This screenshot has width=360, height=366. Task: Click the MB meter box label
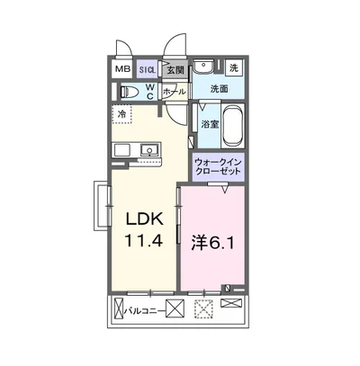[123, 69]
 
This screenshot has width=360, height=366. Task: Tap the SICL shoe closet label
[148, 70]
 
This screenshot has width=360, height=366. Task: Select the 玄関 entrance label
[175, 70]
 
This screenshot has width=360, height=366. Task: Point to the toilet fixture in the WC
[129, 92]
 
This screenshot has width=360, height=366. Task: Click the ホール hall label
[174, 92]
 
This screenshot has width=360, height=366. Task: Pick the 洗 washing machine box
[234, 67]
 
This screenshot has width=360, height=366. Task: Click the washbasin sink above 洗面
[203, 67]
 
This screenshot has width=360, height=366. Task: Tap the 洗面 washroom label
[219, 89]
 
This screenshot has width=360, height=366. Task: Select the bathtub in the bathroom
[233, 125]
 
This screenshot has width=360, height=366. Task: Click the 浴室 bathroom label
[210, 124]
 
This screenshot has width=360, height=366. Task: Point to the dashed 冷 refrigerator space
[121, 114]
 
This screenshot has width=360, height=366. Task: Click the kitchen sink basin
[148, 149]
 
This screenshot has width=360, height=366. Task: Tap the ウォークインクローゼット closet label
[218, 167]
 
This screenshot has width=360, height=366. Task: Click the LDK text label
[145, 219]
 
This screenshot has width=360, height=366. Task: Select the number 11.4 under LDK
[144, 240]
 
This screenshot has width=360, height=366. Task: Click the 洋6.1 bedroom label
[212, 245]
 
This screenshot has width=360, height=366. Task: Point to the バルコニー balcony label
[145, 311]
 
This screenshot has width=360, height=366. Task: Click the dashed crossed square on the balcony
[204, 309]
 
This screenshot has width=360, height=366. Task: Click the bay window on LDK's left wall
[102, 206]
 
